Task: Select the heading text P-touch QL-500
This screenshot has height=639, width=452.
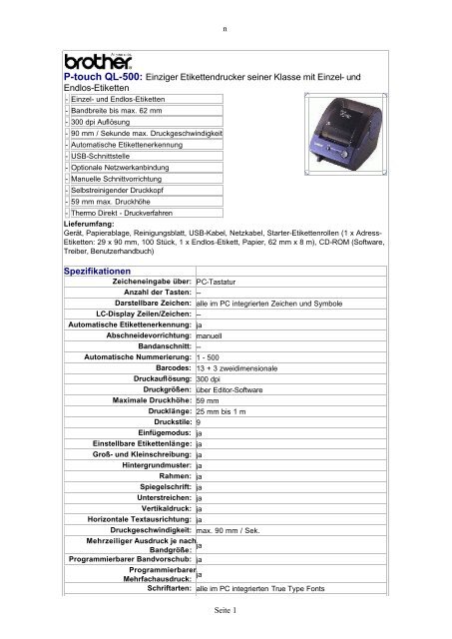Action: [x=104, y=76]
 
